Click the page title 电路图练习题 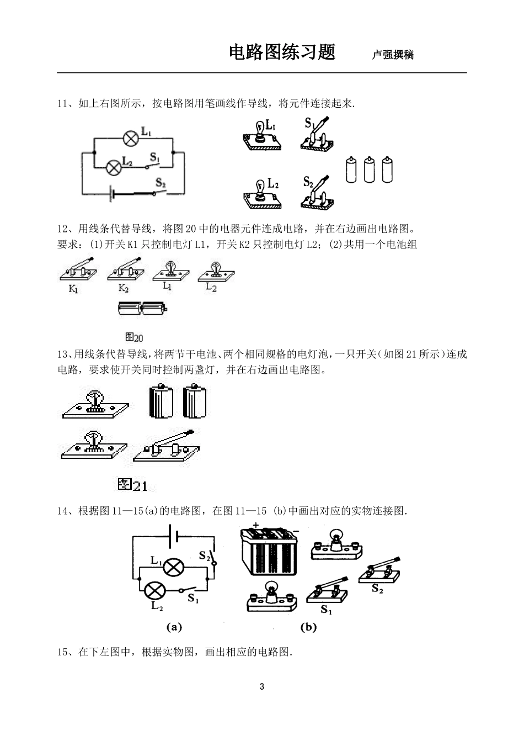[x=282, y=52]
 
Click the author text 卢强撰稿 [x=393, y=55]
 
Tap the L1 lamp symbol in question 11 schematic [x=130, y=138]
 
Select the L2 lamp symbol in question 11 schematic [x=114, y=167]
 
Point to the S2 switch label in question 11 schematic [x=161, y=182]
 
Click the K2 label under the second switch [x=124, y=288]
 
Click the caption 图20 [x=134, y=337]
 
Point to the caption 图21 [x=133, y=485]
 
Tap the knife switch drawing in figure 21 [x=166, y=446]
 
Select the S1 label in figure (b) [x=327, y=610]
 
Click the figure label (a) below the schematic [x=174, y=627]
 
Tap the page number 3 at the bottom [x=262, y=687]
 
